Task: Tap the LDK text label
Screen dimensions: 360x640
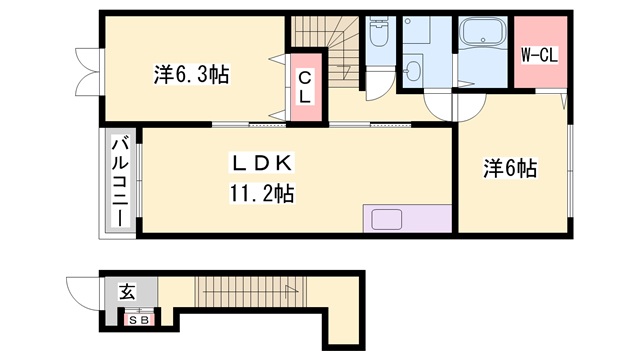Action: pyautogui.click(x=263, y=163)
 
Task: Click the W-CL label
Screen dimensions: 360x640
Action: pyautogui.click(x=538, y=55)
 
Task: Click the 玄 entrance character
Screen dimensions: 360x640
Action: pyautogui.click(x=128, y=292)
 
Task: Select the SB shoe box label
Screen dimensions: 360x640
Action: pyautogui.click(x=136, y=319)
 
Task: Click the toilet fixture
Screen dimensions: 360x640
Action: pyautogui.click(x=378, y=37)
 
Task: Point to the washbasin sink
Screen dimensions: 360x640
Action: pyautogui.click(x=413, y=71)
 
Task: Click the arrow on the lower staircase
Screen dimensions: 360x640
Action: pyautogui.click(x=290, y=291)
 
